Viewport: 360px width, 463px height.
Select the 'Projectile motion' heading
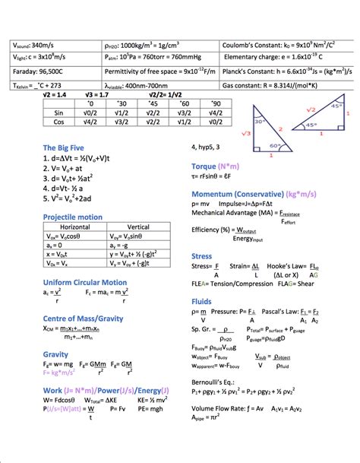[73, 217]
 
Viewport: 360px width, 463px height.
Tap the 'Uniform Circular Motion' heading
[84, 282]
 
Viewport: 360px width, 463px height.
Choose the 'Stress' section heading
[201, 256]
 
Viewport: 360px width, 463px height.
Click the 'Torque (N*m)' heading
[216, 165]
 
